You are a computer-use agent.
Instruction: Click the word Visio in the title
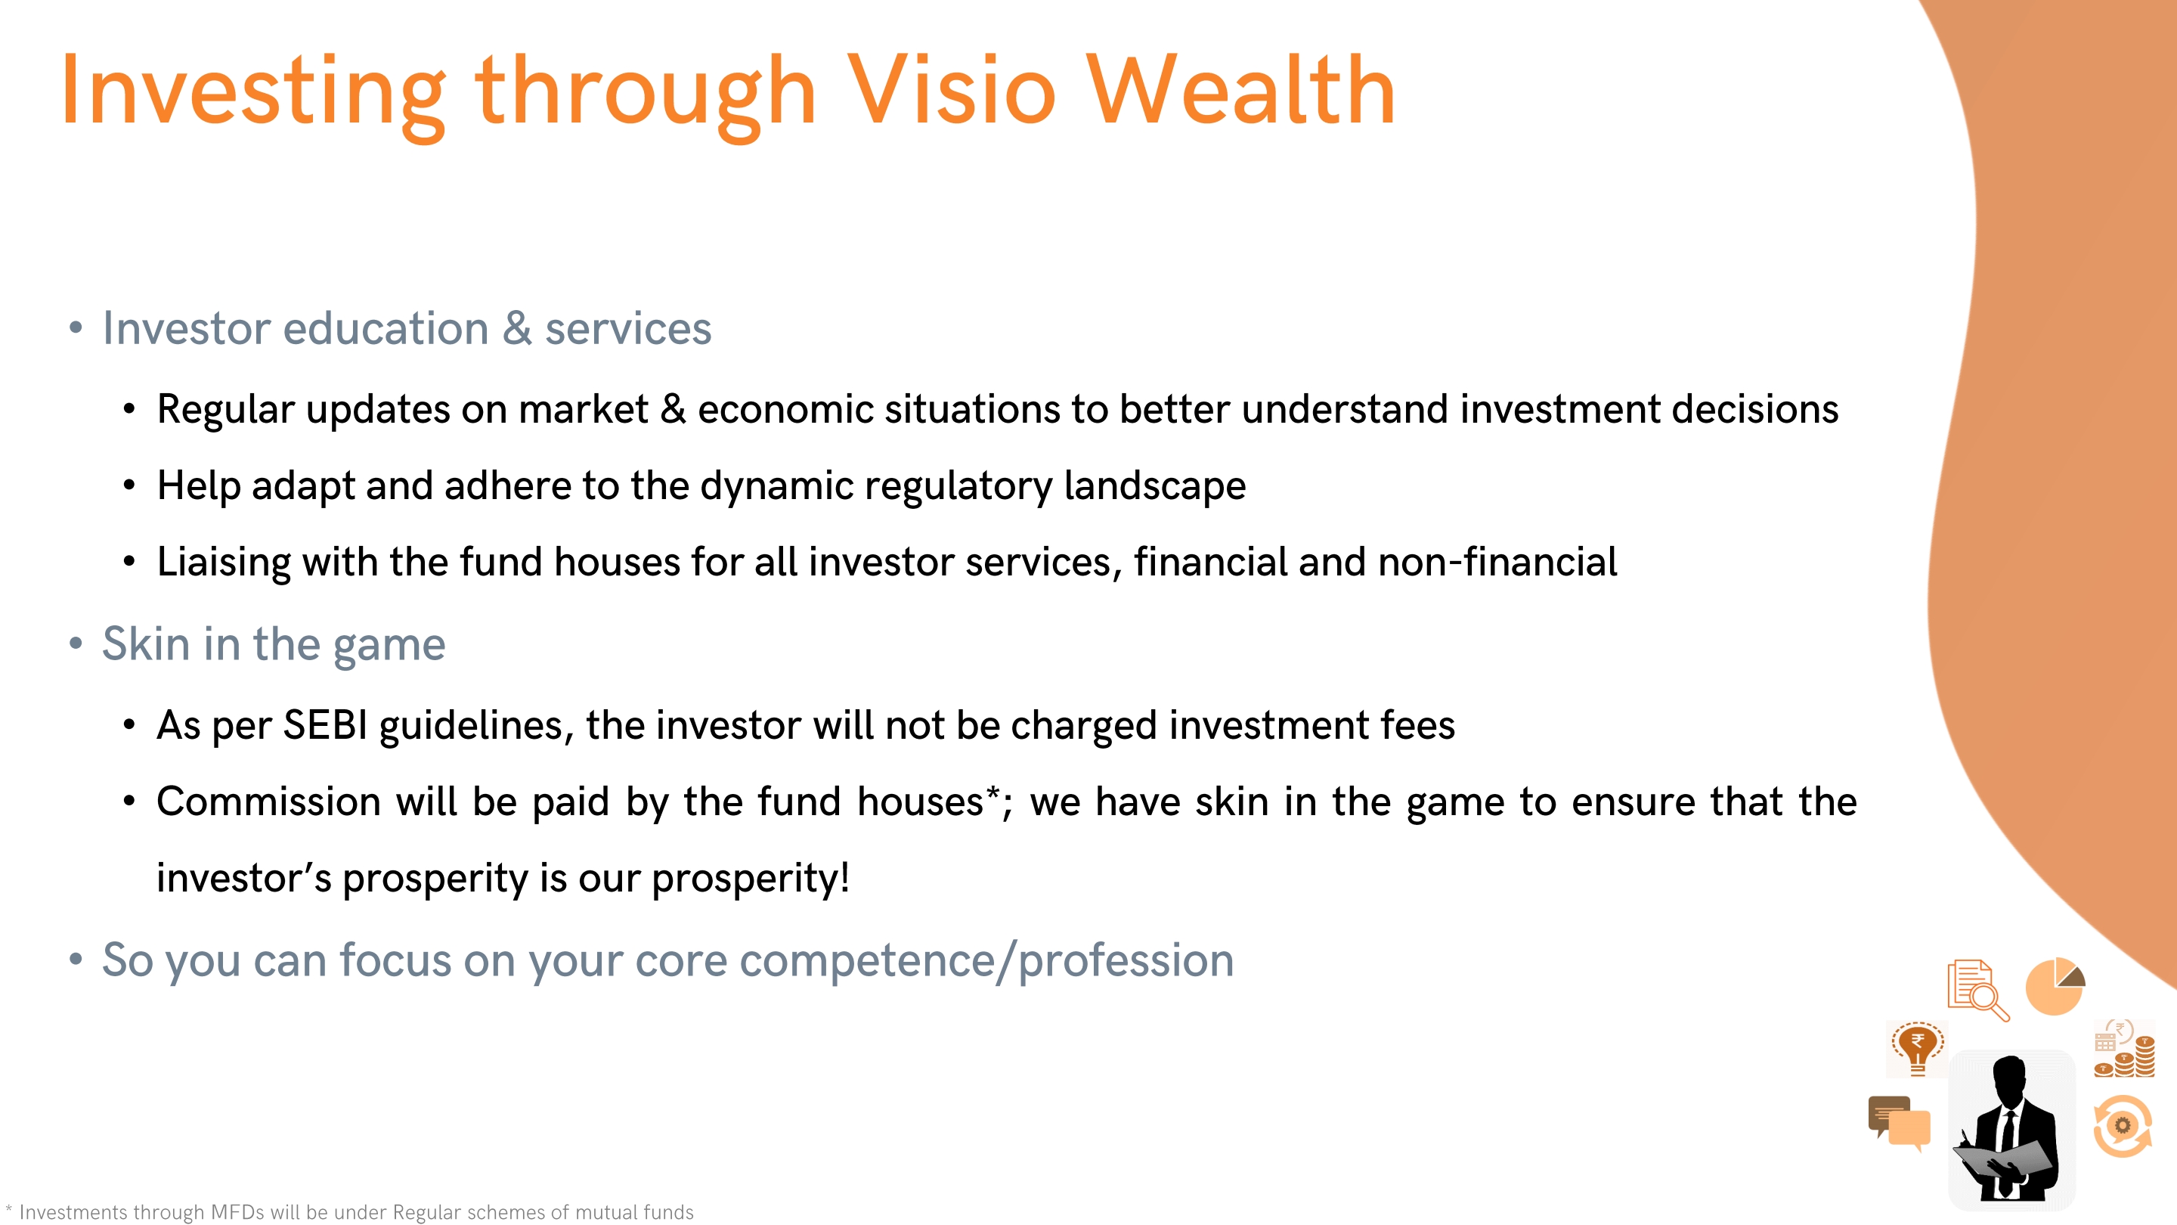952,90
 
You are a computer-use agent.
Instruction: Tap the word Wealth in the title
1240,90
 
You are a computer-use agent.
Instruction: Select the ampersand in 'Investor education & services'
517,328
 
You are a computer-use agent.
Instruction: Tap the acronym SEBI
324,725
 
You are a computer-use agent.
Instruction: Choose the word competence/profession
986,962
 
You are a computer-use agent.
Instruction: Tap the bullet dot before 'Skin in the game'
76,644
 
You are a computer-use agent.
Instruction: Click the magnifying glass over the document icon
1990,1000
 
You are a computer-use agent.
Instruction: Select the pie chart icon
2055,987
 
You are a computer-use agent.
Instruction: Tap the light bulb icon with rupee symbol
1918,1048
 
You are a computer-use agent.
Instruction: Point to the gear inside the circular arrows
2122,1125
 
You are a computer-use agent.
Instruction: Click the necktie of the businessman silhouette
2008,1141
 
